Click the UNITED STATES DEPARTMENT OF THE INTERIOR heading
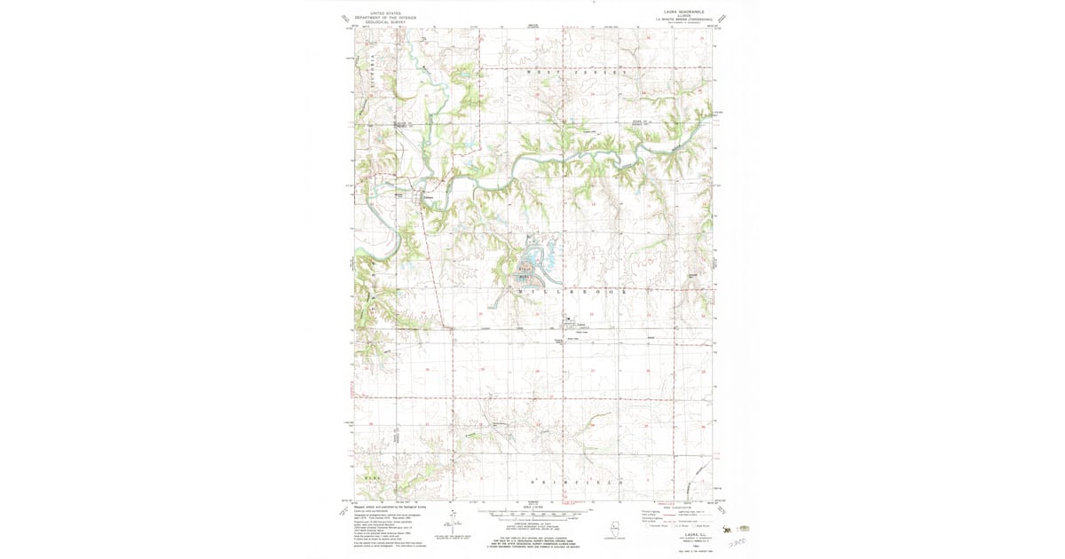coord(384,16)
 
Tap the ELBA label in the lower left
coord(372,477)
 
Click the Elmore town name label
coord(427,186)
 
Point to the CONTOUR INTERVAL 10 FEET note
coord(532,525)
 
